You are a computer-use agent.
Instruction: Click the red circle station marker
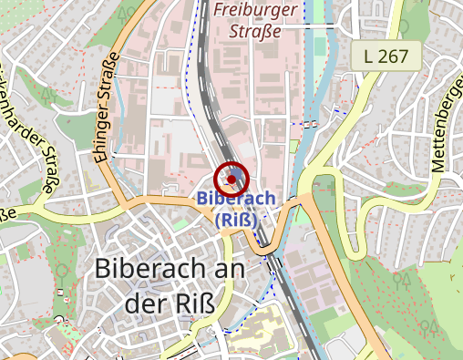pyautogui.click(x=232, y=179)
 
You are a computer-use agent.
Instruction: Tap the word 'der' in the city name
pyautogui.click(x=145, y=304)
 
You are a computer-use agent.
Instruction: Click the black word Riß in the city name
pyautogui.click(x=196, y=304)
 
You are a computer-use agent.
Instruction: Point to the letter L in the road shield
pyautogui.click(x=368, y=57)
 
